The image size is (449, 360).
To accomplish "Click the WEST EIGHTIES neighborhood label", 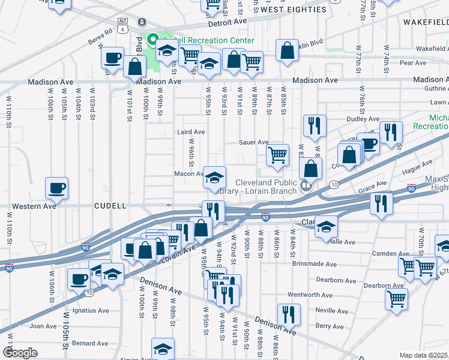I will pyautogui.click(x=294, y=10).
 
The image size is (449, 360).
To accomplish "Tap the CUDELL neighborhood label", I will pyautogui.click(x=110, y=206).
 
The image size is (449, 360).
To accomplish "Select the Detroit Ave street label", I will pyautogui.click(x=228, y=21).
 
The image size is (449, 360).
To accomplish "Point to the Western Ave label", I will pyautogui.click(x=36, y=206).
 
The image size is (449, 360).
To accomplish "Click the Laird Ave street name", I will pyautogui.click(x=191, y=131).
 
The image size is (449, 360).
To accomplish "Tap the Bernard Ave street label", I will pyautogui.click(x=90, y=343).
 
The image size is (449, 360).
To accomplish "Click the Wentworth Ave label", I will pyautogui.click(x=310, y=295).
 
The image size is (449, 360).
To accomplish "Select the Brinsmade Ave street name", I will pyautogui.click(x=314, y=263).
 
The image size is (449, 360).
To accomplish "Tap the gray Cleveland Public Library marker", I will pyautogui.click(x=307, y=185).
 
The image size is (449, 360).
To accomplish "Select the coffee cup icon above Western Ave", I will pyautogui.click(x=57, y=187).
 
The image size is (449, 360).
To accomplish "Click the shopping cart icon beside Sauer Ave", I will pyautogui.click(x=277, y=154).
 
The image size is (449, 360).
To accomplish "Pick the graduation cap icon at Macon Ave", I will pyautogui.click(x=214, y=177).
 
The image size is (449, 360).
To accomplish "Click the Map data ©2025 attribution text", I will pyautogui.click(x=424, y=355).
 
